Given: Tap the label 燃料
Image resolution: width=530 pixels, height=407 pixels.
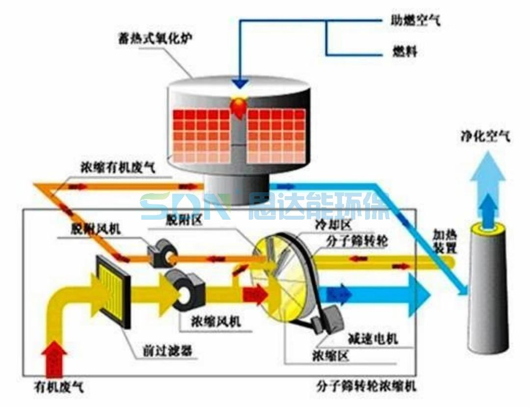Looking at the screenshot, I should pos(405,51).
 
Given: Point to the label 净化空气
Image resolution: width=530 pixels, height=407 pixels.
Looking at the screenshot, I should pos(485,136).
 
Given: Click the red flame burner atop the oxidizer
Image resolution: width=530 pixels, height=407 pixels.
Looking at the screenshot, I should pos(239,105).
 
